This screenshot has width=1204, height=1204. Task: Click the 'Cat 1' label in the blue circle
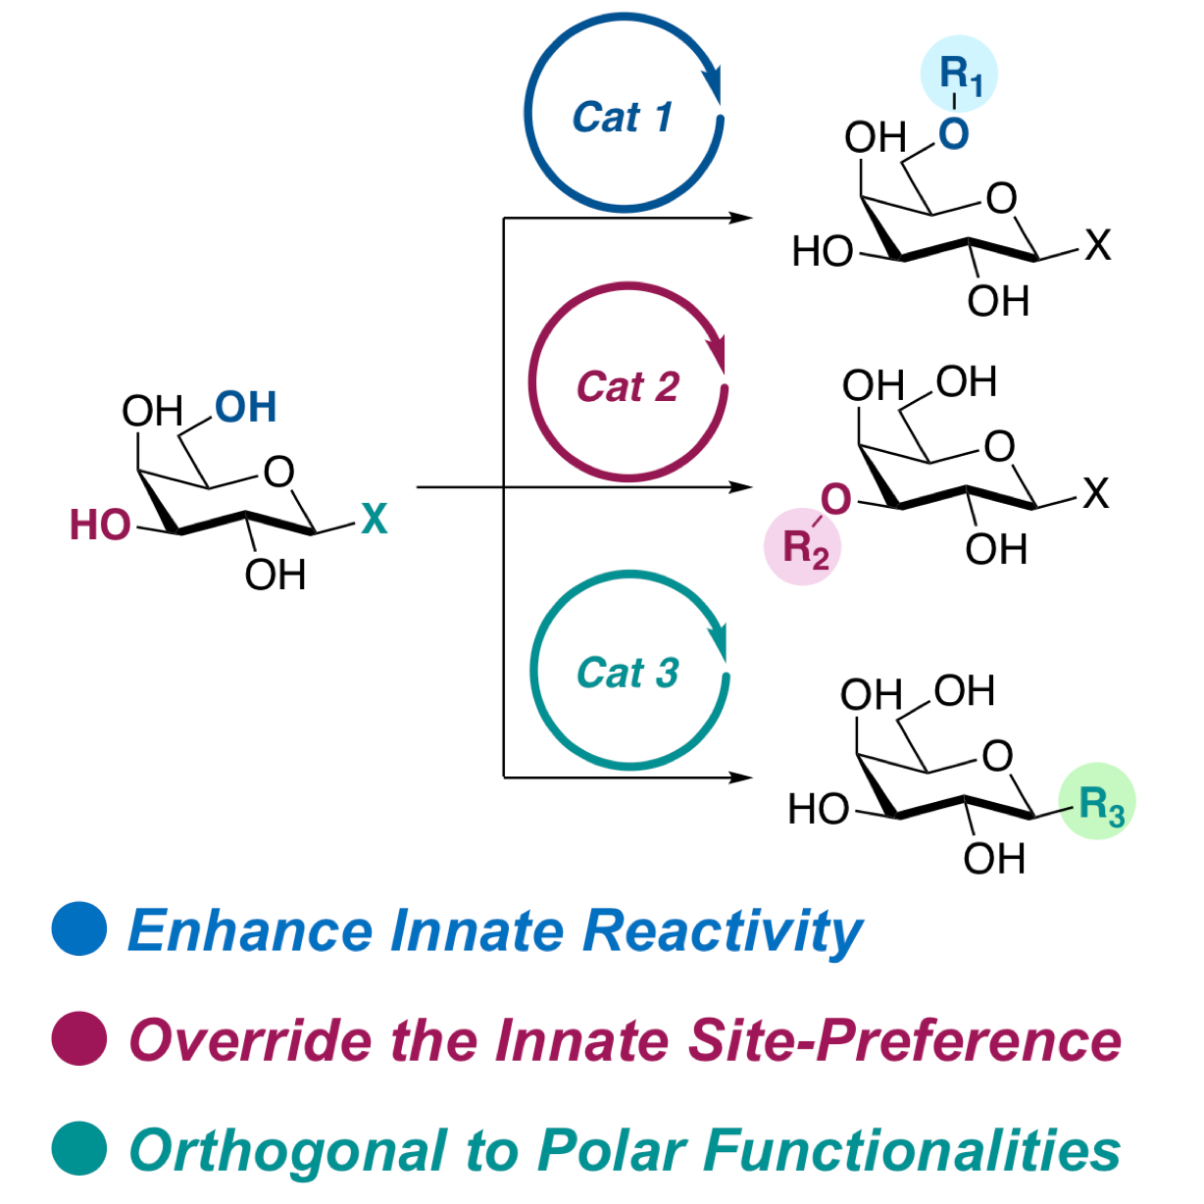(623, 117)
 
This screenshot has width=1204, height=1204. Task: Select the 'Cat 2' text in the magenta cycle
(627, 386)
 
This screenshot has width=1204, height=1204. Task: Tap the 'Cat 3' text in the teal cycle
(627, 673)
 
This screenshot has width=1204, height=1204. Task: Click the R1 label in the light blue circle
(960, 76)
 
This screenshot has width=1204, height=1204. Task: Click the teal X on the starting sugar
(374, 519)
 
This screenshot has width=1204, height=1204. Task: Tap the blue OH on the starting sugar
(245, 407)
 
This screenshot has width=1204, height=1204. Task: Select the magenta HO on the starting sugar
(100, 525)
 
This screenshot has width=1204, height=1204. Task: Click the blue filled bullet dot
(79, 928)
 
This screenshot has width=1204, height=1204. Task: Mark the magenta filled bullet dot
(79, 1038)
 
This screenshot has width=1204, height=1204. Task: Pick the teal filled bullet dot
(79, 1148)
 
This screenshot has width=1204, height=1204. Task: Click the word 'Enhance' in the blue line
(251, 930)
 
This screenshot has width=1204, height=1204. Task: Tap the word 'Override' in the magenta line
(251, 1040)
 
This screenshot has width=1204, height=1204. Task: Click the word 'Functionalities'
(912, 1150)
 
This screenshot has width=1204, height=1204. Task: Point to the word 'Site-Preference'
(905, 1040)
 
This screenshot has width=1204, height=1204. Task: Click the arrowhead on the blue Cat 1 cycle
(712, 84)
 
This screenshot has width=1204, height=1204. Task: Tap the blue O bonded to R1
(953, 133)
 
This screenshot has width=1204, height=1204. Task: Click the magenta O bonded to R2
(836, 499)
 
